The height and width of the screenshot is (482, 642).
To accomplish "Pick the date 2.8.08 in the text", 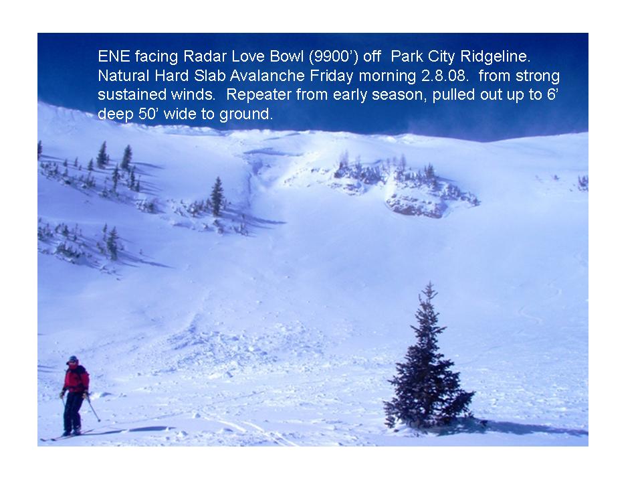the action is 445,76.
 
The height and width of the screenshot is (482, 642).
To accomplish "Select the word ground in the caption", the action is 245,114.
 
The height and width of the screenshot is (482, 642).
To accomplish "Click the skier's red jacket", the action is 76,380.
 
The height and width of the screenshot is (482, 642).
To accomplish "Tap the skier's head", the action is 73,361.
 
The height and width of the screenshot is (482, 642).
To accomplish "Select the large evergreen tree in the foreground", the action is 428,361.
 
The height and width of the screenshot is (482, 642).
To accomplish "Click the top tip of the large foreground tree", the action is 430,282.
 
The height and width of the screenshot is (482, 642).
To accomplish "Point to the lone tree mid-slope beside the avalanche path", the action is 217,197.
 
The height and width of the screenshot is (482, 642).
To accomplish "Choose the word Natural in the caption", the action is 124,76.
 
